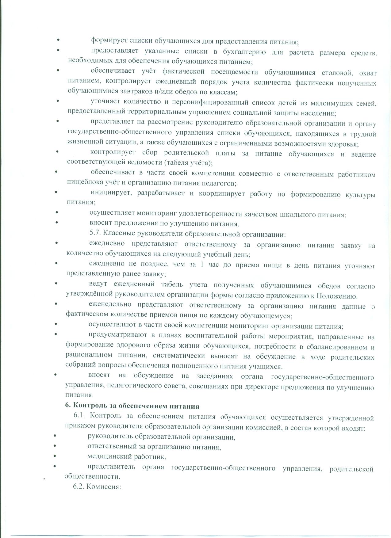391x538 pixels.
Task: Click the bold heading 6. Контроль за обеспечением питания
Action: point(132,406)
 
